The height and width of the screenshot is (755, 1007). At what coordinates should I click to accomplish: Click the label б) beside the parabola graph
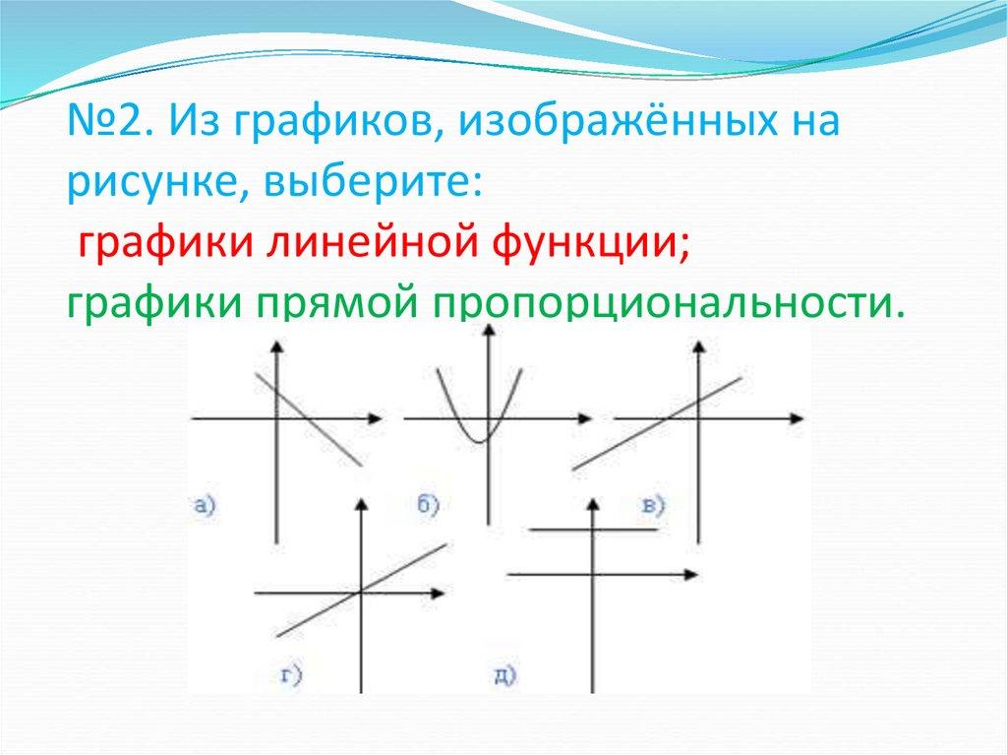[x=429, y=505]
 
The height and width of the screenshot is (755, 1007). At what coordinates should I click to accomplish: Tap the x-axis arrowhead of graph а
[x=374, y=419]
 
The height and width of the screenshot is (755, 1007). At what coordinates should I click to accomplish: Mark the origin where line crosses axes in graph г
[x=361, y=593]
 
